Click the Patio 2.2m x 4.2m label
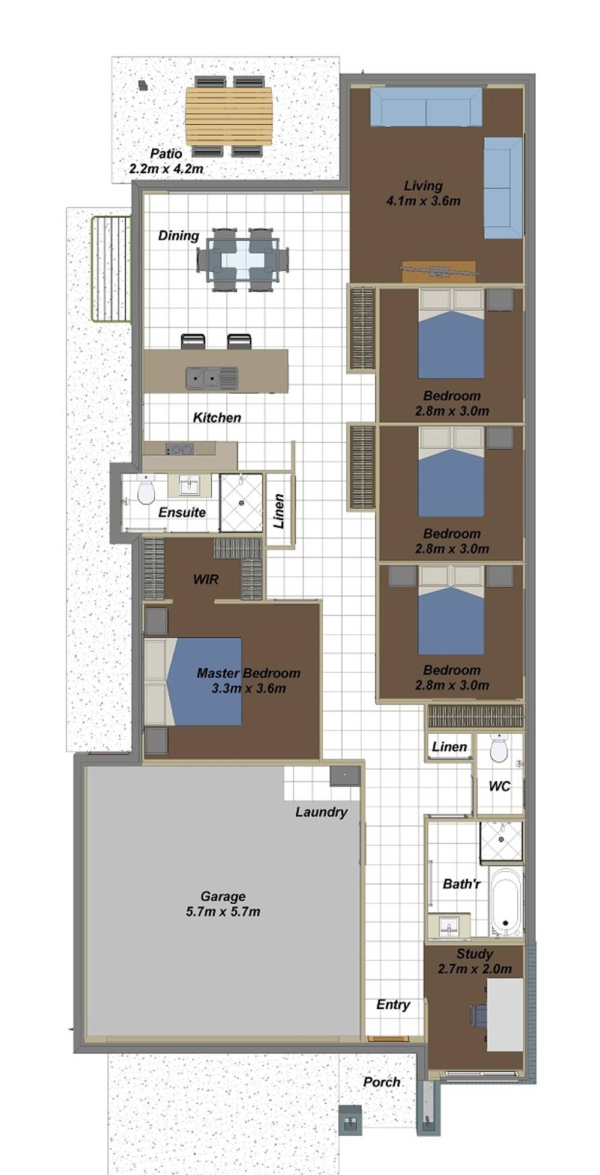pos(166,161)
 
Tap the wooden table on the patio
pos(229,116)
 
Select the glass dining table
pos(242,260)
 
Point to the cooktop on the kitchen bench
pos(179,449)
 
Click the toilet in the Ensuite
pos(145,491)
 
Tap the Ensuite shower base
pos(241,503)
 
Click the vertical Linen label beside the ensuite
pos(279,511)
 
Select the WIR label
pos(205,579)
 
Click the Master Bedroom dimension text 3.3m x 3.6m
pos(248,688)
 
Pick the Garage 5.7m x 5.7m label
pos(223,904)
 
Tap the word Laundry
pos(321,812)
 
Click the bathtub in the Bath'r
pos(505,902)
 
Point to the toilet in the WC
pos(499,750)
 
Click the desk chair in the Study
pos(478,1016)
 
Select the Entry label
pos(393,1005)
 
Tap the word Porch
pos(382,1081)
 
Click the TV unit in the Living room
pos(439,271)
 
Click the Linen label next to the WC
pos(449,747)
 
